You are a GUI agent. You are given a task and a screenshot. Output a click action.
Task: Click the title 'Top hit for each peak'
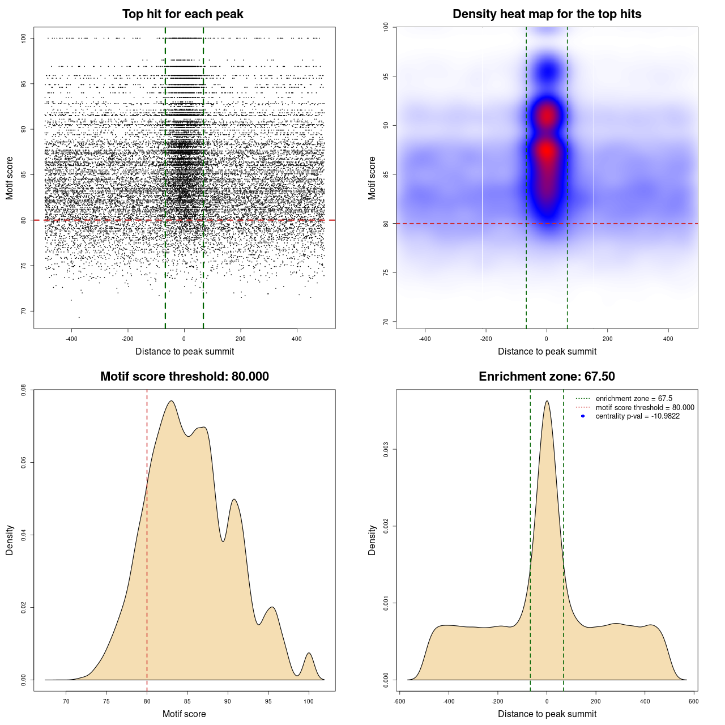[x=182, y=14]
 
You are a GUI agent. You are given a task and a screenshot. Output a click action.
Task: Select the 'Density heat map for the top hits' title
[x=547, y=14]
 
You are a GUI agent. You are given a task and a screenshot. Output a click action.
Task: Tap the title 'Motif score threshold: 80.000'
[x=184, y=377]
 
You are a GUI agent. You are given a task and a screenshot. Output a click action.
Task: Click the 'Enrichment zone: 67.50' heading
[x=547, y=377]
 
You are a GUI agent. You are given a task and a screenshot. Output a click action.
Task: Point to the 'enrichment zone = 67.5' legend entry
[x=634, y=399]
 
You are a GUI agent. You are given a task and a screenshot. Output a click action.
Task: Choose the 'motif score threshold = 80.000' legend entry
[x=645, y=407]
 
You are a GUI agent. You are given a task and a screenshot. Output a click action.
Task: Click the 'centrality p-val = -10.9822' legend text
[x=637, y=416]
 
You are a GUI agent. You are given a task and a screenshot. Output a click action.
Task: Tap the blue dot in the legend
[x=583, y=416]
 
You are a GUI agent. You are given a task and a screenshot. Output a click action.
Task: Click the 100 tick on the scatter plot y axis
[x=23, y=38]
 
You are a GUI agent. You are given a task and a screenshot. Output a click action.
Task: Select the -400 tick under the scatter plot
[x=71, y=339]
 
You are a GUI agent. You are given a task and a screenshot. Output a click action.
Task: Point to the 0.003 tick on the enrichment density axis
[x=386, y=450]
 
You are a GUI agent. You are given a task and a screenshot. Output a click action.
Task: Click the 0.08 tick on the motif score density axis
[x=23, y=390]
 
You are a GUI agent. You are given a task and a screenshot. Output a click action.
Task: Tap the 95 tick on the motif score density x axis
[x=268, y=701]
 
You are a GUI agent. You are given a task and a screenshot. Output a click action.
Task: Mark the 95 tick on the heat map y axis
[x=386, y=76]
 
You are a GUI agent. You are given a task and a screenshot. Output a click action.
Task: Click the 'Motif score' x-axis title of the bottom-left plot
[x=184, y=714]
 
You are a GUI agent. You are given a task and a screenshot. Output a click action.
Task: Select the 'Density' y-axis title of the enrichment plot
[x=372, y=540]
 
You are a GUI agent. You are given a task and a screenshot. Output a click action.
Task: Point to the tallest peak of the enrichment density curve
[x=547, y=402]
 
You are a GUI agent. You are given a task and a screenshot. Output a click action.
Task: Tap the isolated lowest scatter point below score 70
[x=79, y=317]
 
